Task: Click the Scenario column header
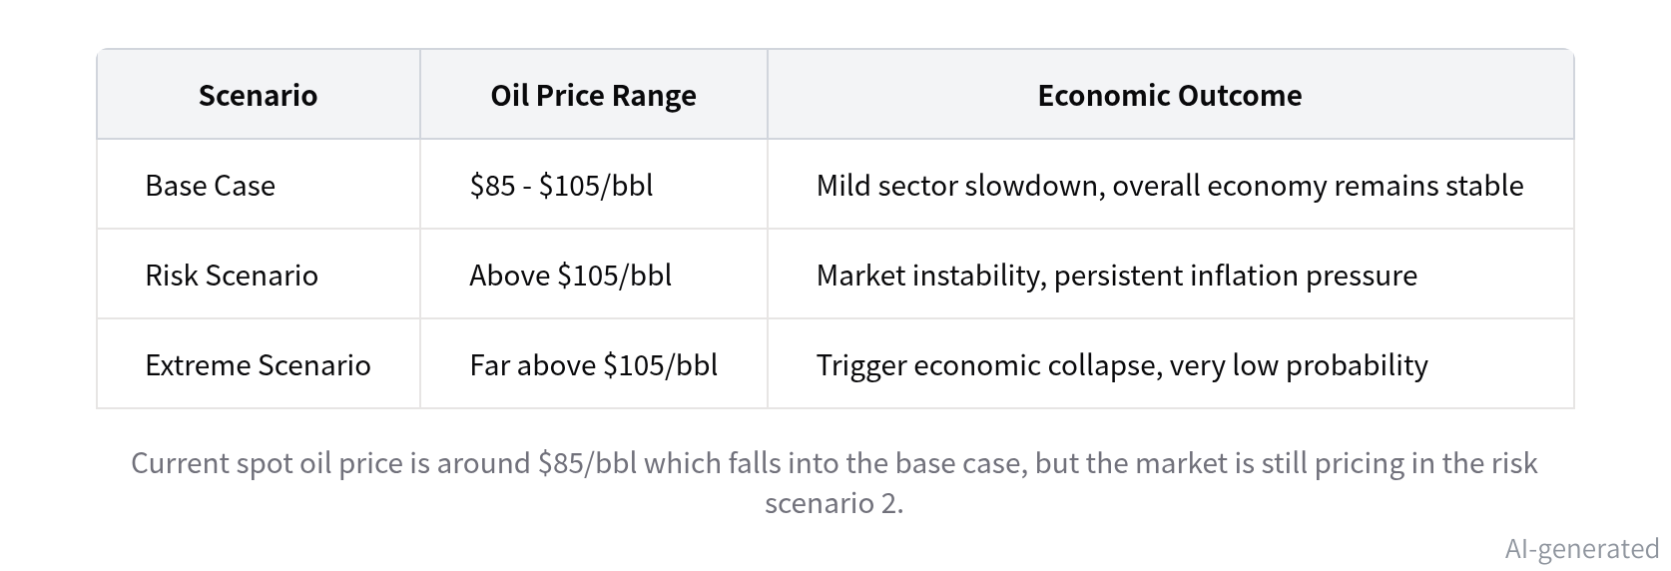[258, 96]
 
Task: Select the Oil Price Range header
[593, 96]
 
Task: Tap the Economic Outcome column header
[1170, 96]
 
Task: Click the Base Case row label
[211, 185]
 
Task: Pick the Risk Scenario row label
[232, 276]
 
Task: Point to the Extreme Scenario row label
[259, 365]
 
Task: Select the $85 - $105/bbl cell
[562, 185]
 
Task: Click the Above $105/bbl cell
[571, 276]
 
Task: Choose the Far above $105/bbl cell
[594, 365]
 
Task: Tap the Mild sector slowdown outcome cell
[1170, 185]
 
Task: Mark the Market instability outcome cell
[1117, 276]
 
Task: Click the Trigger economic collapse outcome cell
[1122, 365]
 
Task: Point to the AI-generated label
[1582, 549]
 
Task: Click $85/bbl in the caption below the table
[588, 463]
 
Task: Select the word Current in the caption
[180, 463]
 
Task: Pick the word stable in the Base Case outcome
[1484, 185]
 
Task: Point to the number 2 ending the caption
[892, 503]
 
